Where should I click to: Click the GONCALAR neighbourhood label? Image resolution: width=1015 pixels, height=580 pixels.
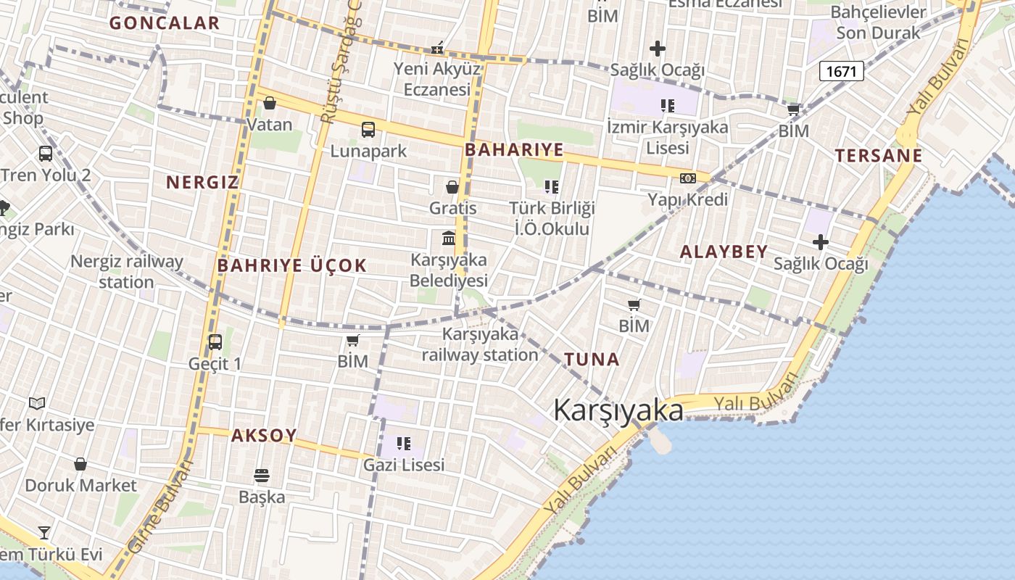click(x=165, y=22)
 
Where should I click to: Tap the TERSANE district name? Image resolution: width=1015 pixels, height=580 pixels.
click(x=879, y=155)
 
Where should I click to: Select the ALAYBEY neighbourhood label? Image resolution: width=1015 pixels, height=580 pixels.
click(x=724, y=252)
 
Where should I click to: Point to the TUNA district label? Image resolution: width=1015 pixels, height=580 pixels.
click(x=592, y=359)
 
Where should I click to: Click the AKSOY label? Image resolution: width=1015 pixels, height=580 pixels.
click(x=264, y=436)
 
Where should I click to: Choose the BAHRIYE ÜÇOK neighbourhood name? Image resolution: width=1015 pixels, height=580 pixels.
click(x=292, y=265)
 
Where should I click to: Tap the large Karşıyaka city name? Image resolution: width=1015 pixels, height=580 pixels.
click(x=618, y=410)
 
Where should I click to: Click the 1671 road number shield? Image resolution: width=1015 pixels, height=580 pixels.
click(x=842, y=70)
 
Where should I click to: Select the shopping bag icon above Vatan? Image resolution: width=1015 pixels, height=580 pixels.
click(x=270, y=104)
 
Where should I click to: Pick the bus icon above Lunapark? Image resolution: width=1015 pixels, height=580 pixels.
click(x=368, y=130)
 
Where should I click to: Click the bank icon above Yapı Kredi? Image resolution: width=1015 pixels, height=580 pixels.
click(x=687, y=178)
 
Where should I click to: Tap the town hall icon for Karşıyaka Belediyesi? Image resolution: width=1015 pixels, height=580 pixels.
click(x=449, y=238)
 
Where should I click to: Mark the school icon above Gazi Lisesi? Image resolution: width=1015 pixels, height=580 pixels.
click(x=404, y=443)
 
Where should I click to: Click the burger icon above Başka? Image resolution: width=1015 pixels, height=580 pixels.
click(x=262, y=476)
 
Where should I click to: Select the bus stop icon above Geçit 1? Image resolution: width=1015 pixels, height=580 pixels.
click(x=215, y=342)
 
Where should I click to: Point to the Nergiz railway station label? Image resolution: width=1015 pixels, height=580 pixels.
click(x=126, y=271)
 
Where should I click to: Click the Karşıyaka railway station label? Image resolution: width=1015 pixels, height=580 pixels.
click(x=480, y=344)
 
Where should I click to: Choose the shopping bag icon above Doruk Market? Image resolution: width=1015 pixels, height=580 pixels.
click(x=80, y=464)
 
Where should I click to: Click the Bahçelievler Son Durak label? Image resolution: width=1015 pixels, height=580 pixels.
click(x=878, y=22)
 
